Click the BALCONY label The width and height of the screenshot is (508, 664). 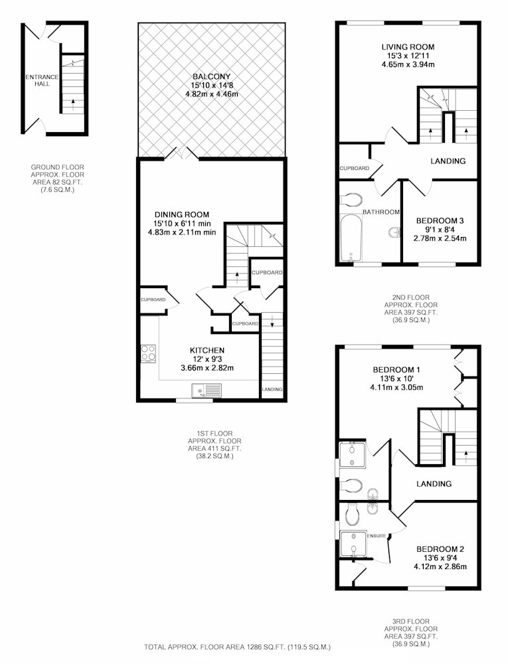click(212, 76)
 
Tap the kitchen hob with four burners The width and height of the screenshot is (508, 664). click(149, 354)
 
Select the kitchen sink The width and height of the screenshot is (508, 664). click(207, 390)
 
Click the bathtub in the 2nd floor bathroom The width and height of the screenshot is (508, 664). click(351, 238)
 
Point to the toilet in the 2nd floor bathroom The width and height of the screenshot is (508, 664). click(351, 199)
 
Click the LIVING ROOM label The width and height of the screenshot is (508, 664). click(408, 47)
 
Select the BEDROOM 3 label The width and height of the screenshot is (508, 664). click(440, 220)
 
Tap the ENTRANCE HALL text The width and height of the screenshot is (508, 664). click(42, 80)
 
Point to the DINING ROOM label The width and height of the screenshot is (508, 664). click(181, 214)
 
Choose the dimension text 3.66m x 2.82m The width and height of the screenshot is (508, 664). click(207, 368)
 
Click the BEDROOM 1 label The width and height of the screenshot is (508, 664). click(396, 370)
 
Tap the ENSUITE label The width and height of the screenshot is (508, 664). click(377, 536)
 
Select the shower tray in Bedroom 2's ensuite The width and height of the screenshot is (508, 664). click(353, 543)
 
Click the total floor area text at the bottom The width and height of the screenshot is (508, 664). click(237, 647)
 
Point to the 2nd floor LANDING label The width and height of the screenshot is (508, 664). click(448, 161)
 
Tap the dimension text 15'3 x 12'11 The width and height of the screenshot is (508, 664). click(408, 56)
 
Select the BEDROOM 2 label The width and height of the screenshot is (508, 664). click(440, 549)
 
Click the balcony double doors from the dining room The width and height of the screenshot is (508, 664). click(182, 153)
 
